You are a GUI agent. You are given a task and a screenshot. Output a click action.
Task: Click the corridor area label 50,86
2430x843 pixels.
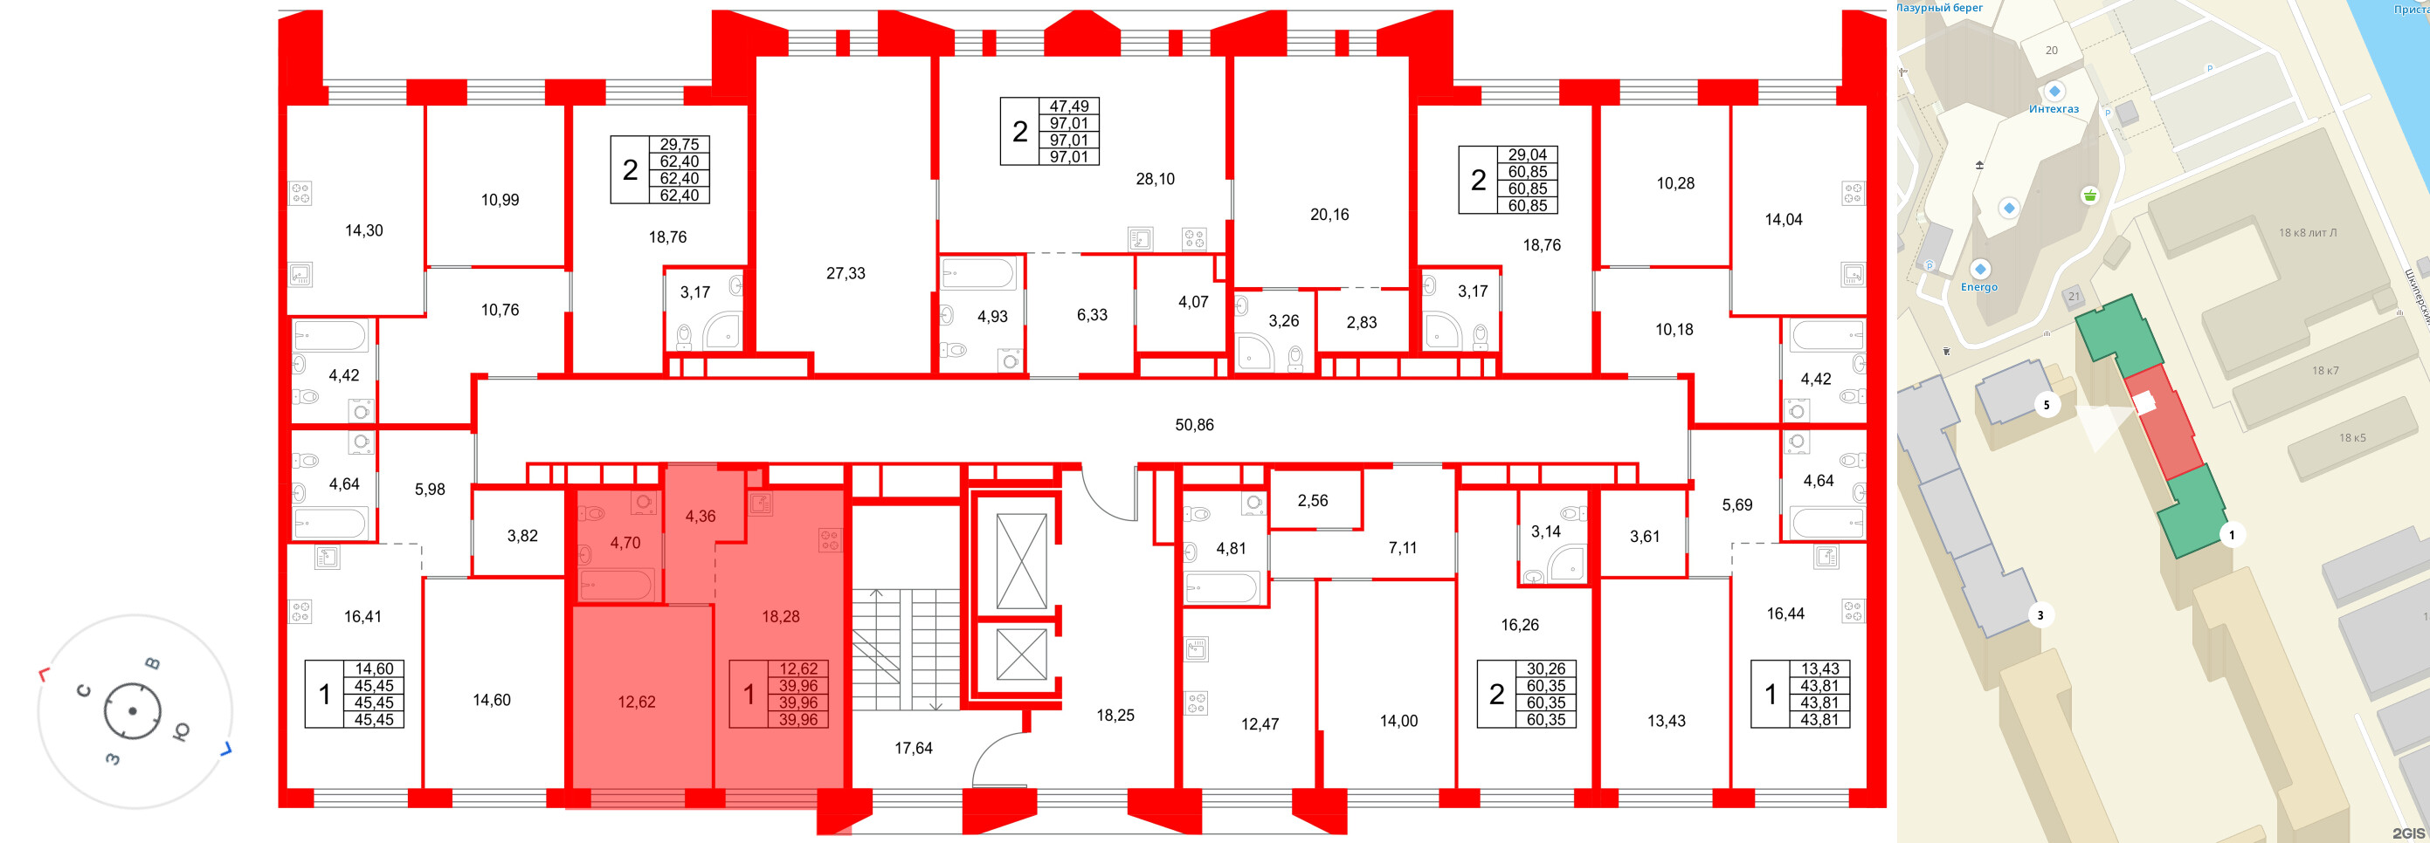pyautogui.click(x=1194, y=425)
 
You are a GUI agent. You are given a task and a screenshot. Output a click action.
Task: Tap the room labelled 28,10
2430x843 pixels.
pyautogui.click(x=1155, y=179)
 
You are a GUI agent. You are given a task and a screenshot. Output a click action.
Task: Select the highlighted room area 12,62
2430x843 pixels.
pyautogui.click(x=637, y=702)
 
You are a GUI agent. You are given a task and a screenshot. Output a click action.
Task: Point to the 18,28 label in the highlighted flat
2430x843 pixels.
pyautogui.click(x=781, y=617)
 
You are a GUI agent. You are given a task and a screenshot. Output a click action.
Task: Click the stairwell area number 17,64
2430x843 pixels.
pyautogui.click(x=913, y=749)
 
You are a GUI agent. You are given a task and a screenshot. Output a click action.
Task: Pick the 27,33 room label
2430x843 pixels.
pyautogui.click(x=846, y=273)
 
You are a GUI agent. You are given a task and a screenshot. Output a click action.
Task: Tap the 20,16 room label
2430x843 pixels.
pyautogui.click(x=1329, y=215)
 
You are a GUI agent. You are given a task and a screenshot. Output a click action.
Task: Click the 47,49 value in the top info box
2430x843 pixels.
pyautogui.click(x=1069, y=106)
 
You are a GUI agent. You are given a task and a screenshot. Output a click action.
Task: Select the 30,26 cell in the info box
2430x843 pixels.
pyautogui.click(x=1546, y=668)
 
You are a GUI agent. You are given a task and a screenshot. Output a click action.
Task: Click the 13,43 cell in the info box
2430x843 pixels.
pyautogui.click(x=1819, y=668)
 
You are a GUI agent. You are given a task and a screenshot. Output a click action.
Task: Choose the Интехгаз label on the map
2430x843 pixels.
pyautogui.click(x=2054, y=109)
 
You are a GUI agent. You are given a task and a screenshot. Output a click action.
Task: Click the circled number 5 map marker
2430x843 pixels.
pyautogui.click(x=2046, y=407)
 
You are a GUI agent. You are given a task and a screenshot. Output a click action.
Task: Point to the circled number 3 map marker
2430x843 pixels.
pyautogui.click(x=2040, y=616)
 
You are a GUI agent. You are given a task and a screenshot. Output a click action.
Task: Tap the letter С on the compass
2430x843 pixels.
pyautogui.click(x=84, y=690)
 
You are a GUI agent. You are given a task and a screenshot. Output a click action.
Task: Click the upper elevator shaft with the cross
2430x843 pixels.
pyautogui.click(x=1022, y=561)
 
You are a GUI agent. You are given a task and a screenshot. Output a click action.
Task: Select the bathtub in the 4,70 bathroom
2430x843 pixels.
pyautogui.click(x=616, y=586)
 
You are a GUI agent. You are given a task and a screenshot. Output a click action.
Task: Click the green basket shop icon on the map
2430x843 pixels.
pyautogui.click(x=2090, y=196)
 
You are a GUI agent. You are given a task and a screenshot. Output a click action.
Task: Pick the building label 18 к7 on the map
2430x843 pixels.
pyautogui.click(x=2325, y=371)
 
